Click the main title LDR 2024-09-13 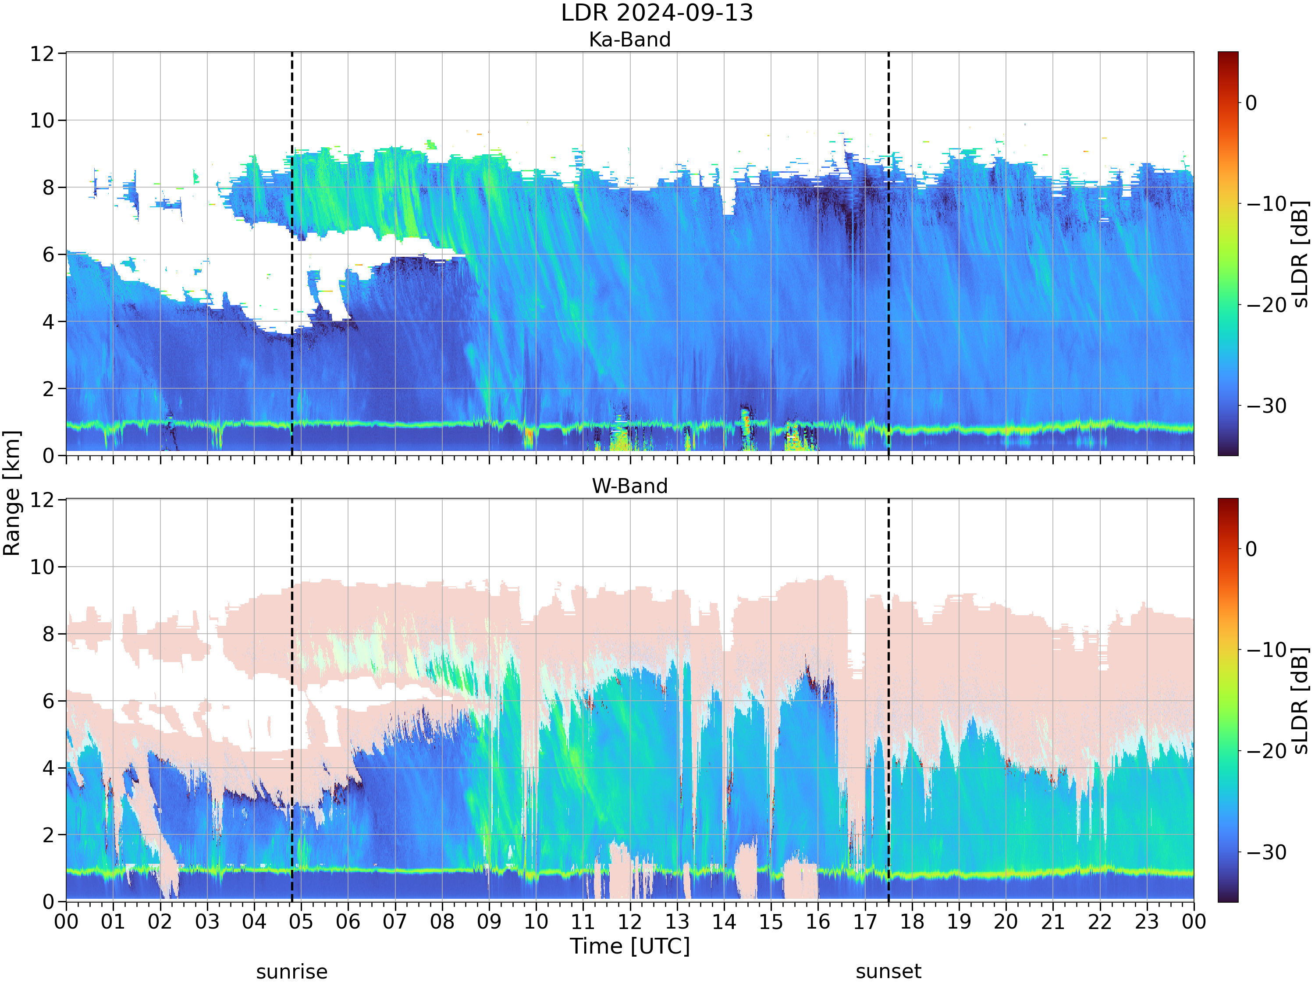(657, 12)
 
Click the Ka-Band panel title (629, 39)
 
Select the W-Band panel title (629, 486)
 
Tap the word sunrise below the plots (292, 972)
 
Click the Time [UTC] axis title (629, 946)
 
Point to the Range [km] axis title (11, 493)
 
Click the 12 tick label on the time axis (629, 922)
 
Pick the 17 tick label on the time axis (865, 922)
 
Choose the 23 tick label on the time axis (1147, 922)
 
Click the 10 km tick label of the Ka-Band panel (42, 121)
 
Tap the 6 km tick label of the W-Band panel (49, 701)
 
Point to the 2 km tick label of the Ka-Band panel (49, 389)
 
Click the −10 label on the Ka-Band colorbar (1266, 204)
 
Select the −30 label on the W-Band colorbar (1266, 852)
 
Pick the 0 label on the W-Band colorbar (1251, 549)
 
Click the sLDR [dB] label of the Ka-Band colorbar (1301, 254)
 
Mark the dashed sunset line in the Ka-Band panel (889, 254)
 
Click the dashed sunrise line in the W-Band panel (292, 700)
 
